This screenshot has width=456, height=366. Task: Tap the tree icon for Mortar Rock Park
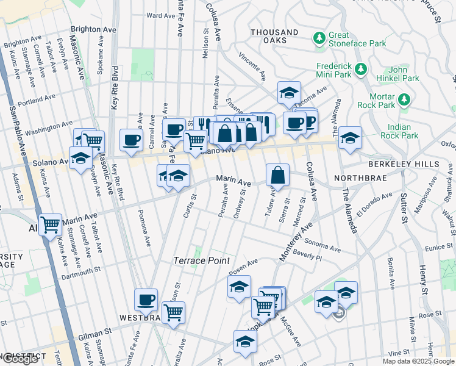coord(403,99)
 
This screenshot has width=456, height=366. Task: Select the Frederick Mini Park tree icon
coord(361,67)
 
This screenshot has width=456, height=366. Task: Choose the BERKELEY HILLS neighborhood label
coord(403,165)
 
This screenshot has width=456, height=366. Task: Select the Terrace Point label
coord(202,260)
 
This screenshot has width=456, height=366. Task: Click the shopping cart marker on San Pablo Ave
coord(51,224)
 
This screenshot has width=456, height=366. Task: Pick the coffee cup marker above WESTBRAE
coord(146,300)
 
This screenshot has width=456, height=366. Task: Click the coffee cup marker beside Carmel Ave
coord(131,140)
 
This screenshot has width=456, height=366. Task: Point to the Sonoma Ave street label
coord(322,245)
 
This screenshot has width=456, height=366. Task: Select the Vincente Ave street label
coord(252,66)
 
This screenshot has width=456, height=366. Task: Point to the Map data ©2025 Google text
coord(418,361)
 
